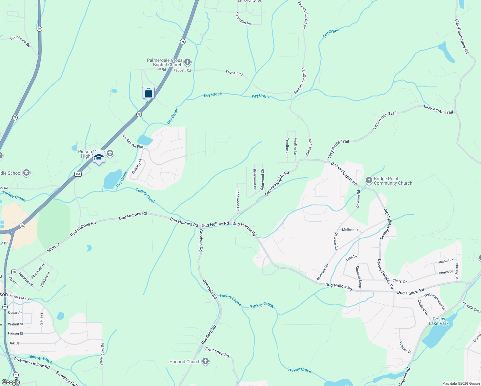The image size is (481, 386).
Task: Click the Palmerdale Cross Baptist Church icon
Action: (x=187, y=62)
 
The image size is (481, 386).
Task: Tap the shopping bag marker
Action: (x=148, y=93)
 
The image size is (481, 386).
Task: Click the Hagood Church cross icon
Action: (x=205, y=362)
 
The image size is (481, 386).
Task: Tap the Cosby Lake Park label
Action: (x=439, y=321)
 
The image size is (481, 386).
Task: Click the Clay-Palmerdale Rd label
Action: (x=462, y=36)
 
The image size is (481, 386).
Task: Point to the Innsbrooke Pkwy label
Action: (x=133, y=142)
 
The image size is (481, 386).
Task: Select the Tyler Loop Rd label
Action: (x=217, y=352)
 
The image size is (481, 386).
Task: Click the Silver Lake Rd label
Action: (x=102, y=354)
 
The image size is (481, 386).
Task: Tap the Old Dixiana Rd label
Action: (x=20, y=41)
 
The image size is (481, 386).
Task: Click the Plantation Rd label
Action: (x=243, y=18)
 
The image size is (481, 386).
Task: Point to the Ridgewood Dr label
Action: (x=238, y=199)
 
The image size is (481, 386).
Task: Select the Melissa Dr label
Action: (x=350, y=230)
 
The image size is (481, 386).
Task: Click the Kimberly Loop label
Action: (x=359, y=277)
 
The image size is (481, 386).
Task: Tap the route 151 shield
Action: (x=78, y=174)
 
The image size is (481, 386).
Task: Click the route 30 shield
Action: (x=14, y=272)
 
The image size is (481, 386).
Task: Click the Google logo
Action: (x=11, y=382)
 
